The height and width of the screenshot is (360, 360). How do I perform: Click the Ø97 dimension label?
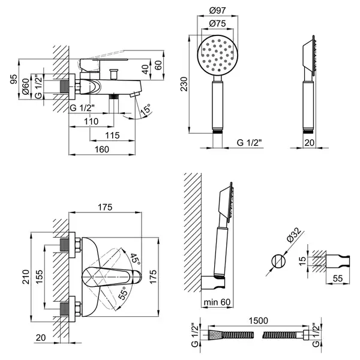218,11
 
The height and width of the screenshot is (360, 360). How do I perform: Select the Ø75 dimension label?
218,23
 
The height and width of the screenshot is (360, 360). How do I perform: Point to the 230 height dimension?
184,84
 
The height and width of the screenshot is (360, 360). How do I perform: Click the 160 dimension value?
102,149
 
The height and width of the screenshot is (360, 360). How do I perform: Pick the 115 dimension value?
113,136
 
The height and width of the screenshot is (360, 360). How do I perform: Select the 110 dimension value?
91,121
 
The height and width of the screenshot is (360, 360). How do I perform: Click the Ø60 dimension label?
26,86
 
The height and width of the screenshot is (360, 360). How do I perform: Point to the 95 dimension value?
14,79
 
